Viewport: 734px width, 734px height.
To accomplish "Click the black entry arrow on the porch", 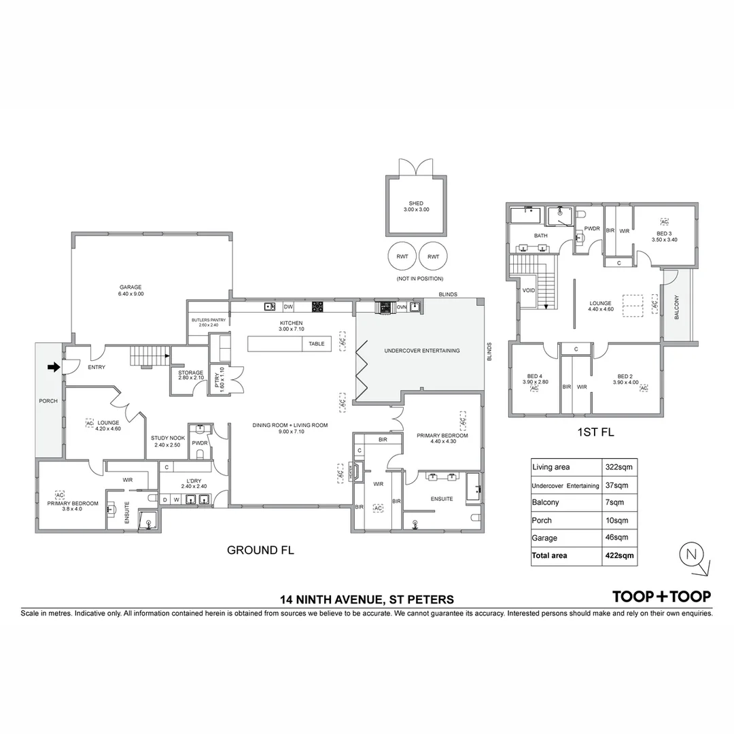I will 52,368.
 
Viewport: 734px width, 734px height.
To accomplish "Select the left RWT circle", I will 400,256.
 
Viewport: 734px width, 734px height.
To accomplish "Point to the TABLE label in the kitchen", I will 316,344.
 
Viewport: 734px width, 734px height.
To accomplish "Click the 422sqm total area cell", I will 619,555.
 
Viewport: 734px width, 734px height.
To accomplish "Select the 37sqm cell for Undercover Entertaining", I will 616,485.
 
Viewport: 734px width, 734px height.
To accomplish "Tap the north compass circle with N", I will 691,554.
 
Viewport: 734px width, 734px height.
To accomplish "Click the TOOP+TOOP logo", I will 661,597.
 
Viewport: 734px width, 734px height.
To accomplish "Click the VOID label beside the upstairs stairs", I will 529,290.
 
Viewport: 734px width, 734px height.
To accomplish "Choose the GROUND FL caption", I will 260,550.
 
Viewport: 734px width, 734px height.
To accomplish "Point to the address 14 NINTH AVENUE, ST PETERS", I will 367,599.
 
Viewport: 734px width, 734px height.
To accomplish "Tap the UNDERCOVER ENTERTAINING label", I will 421,351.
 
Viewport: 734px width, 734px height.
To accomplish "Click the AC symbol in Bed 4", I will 534,388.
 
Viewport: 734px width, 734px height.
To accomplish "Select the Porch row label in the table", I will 542,521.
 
